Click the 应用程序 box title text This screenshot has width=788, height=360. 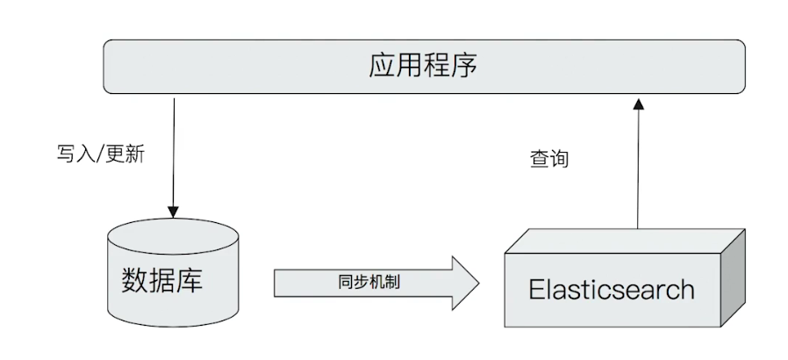pos(423,65)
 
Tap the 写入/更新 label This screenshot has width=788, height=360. pos(100,155)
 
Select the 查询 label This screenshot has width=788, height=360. pos(549,158)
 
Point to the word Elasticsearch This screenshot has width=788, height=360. pos(611,289)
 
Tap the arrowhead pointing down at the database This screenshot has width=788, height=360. pos(173,212)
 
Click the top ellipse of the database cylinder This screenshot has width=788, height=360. pos(173,235)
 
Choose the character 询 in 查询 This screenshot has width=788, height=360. pos(559,158)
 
